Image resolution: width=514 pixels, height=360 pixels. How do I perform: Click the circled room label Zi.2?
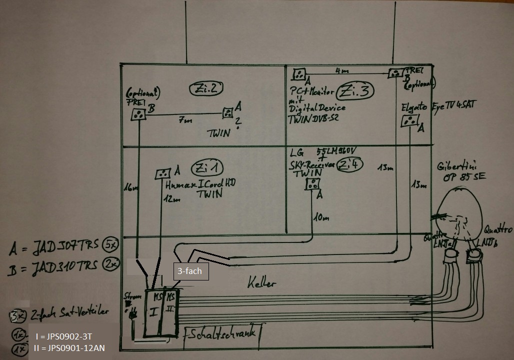(x=206, y=88)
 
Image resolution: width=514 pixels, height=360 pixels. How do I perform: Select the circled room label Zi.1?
(x=209, y=167)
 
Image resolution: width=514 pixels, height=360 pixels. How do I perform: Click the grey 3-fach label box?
(x=189, y=271)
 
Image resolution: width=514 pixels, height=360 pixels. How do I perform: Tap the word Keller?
(x=261, y=283)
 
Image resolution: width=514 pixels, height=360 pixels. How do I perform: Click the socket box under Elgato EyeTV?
(x=410, y=121)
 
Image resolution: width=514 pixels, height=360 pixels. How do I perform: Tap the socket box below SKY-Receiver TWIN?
(x=313, y=184)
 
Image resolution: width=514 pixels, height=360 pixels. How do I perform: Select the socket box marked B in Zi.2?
(x=137, y=114)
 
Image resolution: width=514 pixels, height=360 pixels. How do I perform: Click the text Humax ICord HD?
(x=200, y=184)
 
